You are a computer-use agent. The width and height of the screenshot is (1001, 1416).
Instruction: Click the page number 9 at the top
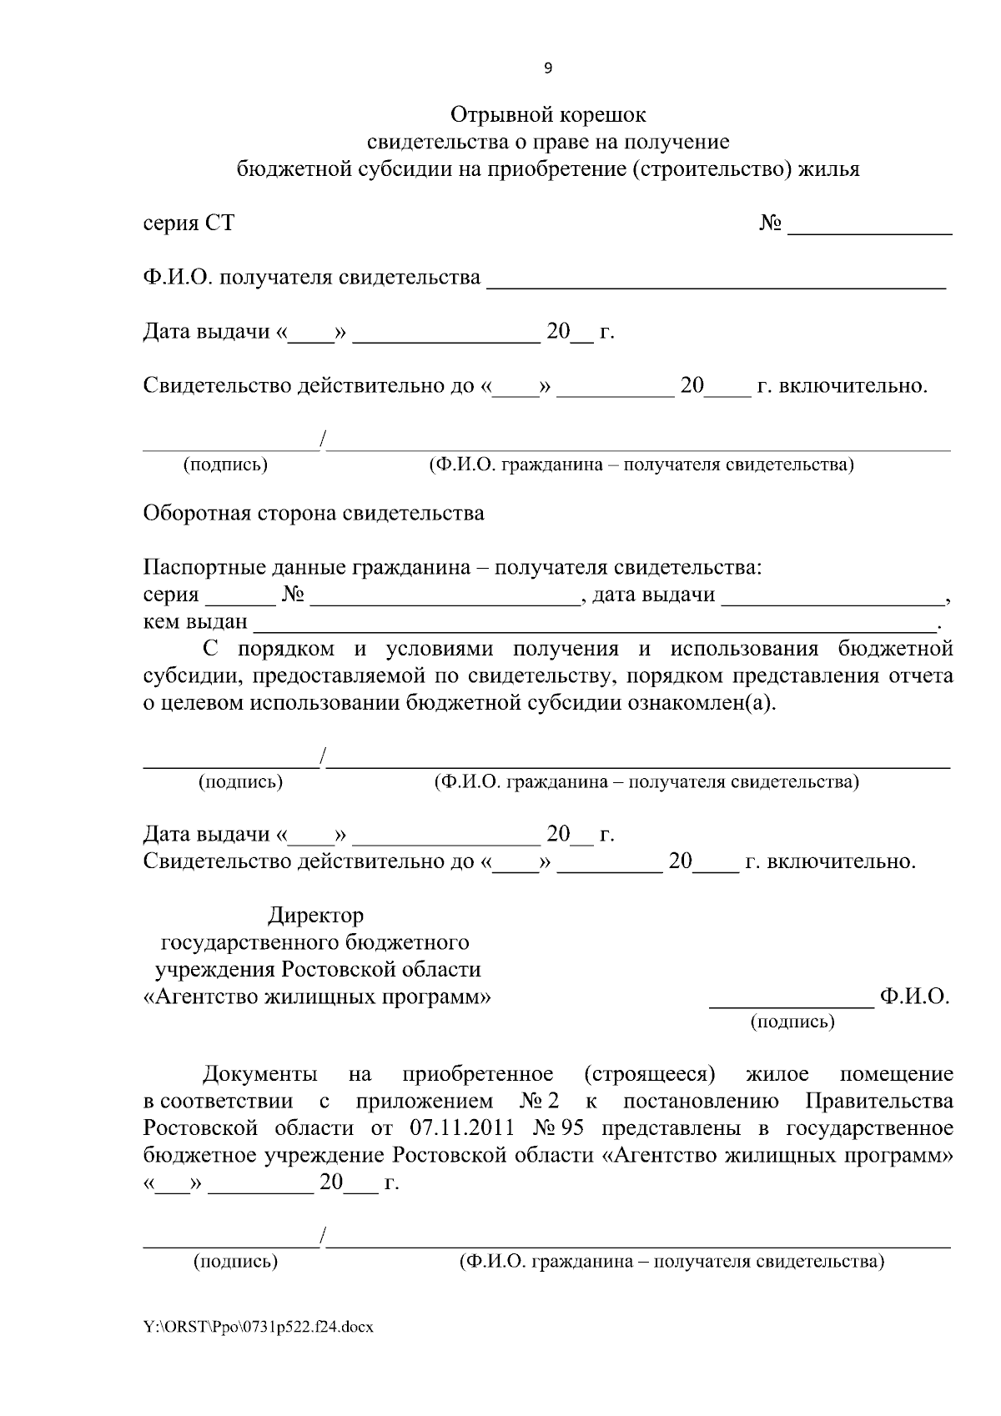coord(547,69)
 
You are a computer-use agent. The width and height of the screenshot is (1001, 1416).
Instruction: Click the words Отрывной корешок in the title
coord(548,113)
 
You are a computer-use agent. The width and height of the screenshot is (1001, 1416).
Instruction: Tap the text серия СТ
coord(189,223)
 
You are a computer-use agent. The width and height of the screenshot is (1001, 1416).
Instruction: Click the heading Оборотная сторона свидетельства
coord(314,513)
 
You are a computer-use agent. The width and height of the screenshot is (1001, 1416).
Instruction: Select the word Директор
coord(315,916)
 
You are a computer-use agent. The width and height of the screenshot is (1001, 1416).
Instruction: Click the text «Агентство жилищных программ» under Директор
coord(317,997)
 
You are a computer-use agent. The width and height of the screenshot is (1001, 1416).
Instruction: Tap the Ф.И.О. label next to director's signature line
coord(914,997)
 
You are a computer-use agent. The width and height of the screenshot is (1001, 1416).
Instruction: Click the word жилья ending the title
coord(828,169)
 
